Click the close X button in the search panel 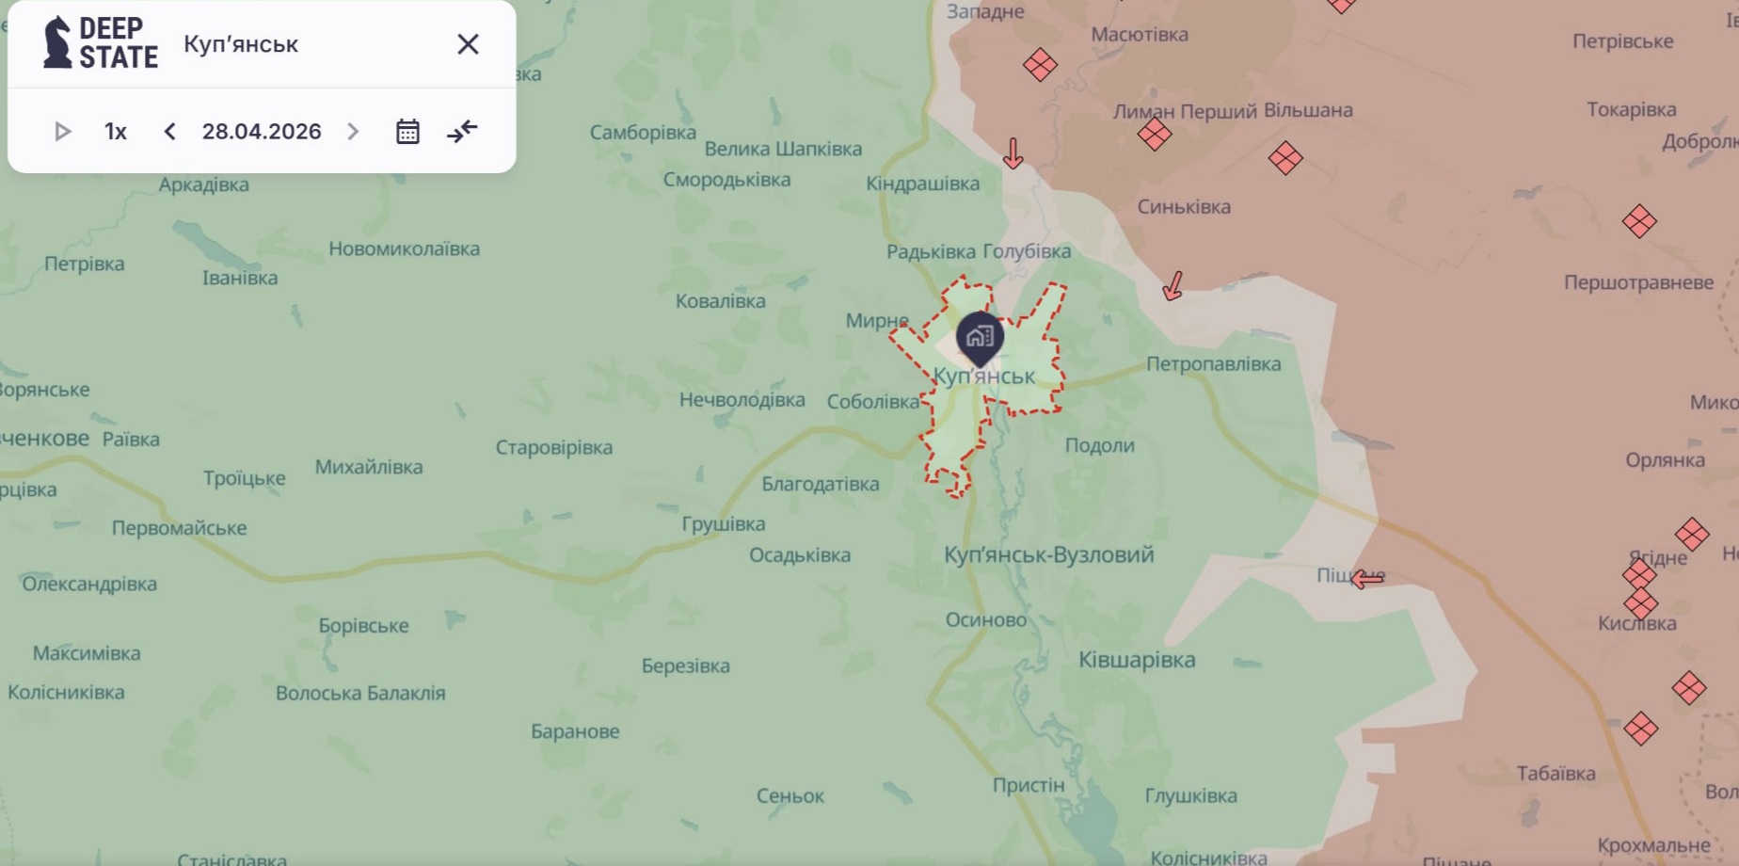click(x=468, y=44)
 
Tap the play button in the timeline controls click(x=62, y=132)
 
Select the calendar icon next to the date click(x=407, y=132)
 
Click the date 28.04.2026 click(x=262, y=132)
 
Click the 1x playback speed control click(x=115, y=132)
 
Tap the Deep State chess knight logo click(x=57, y=43)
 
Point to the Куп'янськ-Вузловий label click(x=1048, y=554)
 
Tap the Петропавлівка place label click(x=1213, y=364)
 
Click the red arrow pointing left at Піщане click(x=1367, y=579)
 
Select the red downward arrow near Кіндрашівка click(x=1013, y=152)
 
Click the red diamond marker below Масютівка click(x=1040, y=65)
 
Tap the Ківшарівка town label click(x=1137, y=660)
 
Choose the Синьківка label click(x=1184, y=207)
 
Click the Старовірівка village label click(x=554, y=448)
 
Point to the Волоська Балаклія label click(x=360, y=694)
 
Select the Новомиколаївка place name click(x=404, y=249)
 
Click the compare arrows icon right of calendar click(x=462, y=132)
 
